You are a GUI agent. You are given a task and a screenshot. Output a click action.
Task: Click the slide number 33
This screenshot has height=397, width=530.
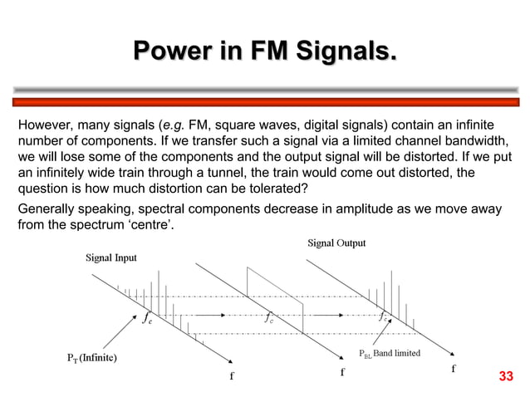pos(506,379)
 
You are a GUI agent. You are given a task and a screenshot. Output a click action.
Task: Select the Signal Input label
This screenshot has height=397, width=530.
pos(111,257)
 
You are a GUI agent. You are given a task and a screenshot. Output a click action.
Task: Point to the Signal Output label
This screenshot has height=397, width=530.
pos(336,243)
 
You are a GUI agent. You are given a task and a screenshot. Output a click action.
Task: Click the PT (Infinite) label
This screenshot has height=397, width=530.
pos(91,359)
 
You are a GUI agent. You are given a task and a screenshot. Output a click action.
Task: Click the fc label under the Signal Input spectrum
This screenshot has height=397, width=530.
pos(147,316)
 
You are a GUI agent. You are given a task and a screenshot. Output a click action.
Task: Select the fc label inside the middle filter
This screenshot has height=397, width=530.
pos(270,316)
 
